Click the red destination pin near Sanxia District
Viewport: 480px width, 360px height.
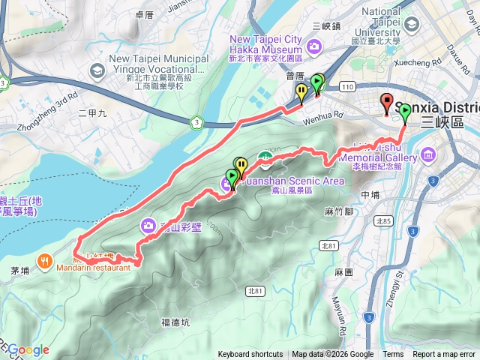[387, 103]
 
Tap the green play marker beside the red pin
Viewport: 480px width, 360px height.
[405, 112]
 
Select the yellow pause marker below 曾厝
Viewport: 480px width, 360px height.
[301, 93]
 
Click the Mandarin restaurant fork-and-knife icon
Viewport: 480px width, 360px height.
[46, 261]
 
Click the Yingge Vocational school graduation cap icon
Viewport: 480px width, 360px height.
[96, 70]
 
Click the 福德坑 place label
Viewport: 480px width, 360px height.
[175, 323]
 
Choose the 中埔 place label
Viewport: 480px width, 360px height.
[370, 195]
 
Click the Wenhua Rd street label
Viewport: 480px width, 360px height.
[322, 116]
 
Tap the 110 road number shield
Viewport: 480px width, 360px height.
[346, 88]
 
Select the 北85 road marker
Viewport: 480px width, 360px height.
[385, 221]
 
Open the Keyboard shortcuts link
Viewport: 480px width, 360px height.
[250, 355]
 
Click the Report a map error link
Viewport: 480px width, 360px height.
[444, 355]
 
